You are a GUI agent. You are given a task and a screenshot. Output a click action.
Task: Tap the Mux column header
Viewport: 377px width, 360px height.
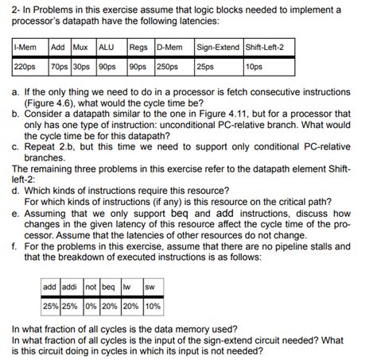pos(81,47)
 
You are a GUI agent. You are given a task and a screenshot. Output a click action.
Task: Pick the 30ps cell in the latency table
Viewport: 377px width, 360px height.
pos(81,66)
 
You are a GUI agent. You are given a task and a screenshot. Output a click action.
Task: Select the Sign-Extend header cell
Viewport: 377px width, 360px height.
pos(219,47)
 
